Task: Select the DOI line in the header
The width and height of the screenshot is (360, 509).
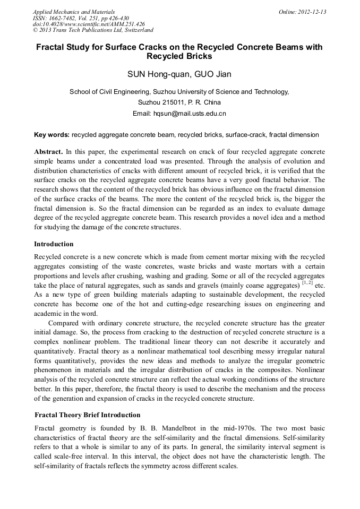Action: click(x=89, y=24)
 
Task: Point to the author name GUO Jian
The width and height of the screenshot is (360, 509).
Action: click(x=212, y=74)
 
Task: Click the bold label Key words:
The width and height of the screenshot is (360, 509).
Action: click(x=52, y=135)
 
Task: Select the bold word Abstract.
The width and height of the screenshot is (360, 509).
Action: click(x=48, y=151)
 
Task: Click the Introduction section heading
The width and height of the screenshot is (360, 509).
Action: click(x=54, y=244)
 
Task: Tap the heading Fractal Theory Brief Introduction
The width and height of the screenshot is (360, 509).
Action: click(x=88, y=415)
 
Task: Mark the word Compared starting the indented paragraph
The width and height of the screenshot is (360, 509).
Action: click(x=65, y=323)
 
